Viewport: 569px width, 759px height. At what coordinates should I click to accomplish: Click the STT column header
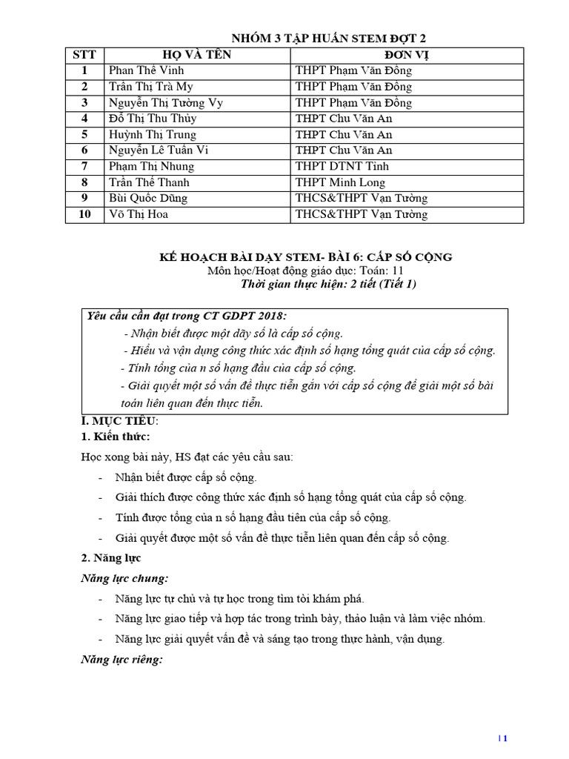tap(84, 55)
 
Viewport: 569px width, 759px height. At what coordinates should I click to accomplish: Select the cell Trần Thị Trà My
tap(150, 87)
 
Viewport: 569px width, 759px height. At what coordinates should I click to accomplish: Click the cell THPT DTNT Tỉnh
tap(342, 167)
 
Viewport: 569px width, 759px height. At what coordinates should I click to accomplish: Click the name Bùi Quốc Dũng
tap(147, 199)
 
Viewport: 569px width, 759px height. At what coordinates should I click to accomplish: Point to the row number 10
tap(84, 214)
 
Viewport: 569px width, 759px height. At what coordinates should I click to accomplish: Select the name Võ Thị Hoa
tap(140, 214)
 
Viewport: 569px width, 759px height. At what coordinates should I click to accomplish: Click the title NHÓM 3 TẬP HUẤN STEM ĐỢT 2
tap(329, 39)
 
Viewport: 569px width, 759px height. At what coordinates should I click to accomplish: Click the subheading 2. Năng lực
tap(110, 557)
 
